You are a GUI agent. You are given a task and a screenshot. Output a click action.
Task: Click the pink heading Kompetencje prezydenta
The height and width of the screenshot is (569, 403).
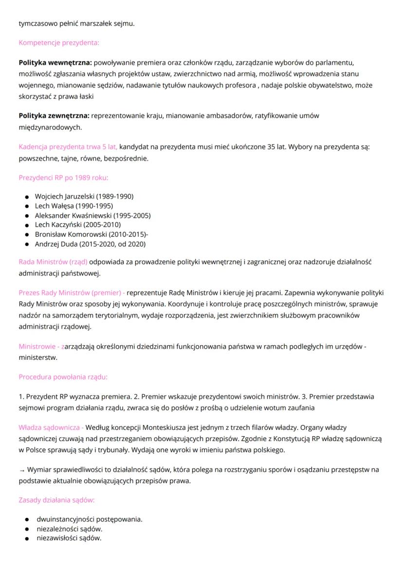coord(58,43)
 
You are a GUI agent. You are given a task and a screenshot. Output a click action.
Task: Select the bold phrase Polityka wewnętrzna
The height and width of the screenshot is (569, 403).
coord(55,63)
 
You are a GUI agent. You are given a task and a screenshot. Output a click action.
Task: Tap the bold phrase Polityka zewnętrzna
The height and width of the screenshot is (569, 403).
coord(54,116)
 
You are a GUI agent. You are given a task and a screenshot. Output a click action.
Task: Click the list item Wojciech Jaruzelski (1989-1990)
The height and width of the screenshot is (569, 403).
coord(84,196)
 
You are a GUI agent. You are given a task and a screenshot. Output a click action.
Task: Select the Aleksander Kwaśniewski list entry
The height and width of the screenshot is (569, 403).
coord(92,215)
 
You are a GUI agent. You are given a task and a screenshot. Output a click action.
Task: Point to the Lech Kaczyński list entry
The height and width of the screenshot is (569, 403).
coord(77,225)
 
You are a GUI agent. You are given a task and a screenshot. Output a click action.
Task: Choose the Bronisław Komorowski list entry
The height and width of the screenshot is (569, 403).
coord(91,234)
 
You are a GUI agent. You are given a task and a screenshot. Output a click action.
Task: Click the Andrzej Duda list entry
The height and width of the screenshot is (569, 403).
coord(90,244)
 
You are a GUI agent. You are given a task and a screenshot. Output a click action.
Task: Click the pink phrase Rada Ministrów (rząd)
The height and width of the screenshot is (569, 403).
coord(53,262)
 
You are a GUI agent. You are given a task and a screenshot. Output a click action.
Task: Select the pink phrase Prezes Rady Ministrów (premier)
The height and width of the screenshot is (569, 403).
coord(71,293)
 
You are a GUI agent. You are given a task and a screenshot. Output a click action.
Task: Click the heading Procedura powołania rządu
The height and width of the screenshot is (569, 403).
coord(63,377)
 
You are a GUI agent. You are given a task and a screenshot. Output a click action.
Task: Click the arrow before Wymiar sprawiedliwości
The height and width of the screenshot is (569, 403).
coord(21,470)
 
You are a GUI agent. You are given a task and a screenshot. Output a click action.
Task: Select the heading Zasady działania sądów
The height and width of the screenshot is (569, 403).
coord(56,500)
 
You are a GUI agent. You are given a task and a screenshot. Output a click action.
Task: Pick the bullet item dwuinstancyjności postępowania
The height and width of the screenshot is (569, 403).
coord(89,519)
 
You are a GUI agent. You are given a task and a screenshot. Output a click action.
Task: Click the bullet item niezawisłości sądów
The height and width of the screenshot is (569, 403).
coord(69,538)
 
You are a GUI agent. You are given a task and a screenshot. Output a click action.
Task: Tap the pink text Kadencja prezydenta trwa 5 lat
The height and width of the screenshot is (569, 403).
coord(68,146)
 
